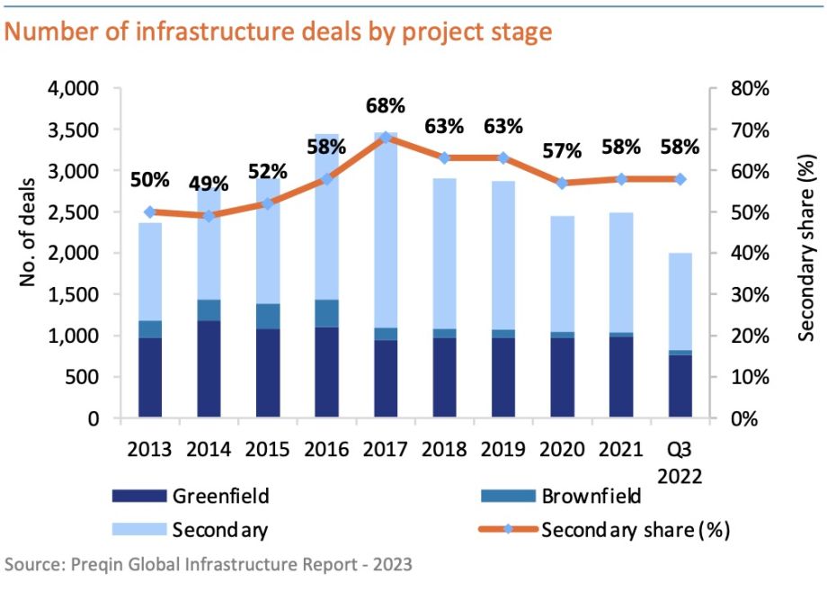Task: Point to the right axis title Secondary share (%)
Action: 806,247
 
